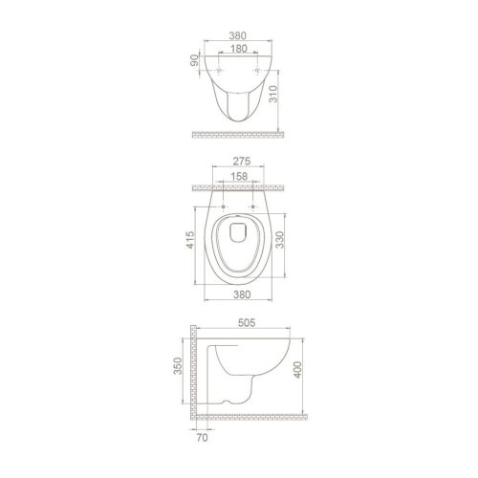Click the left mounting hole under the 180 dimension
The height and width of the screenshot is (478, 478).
(x=221, y=72)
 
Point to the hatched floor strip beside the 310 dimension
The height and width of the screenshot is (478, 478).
(x=238, y=131)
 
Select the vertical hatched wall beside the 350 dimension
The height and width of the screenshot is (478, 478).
(x=194, y=373)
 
